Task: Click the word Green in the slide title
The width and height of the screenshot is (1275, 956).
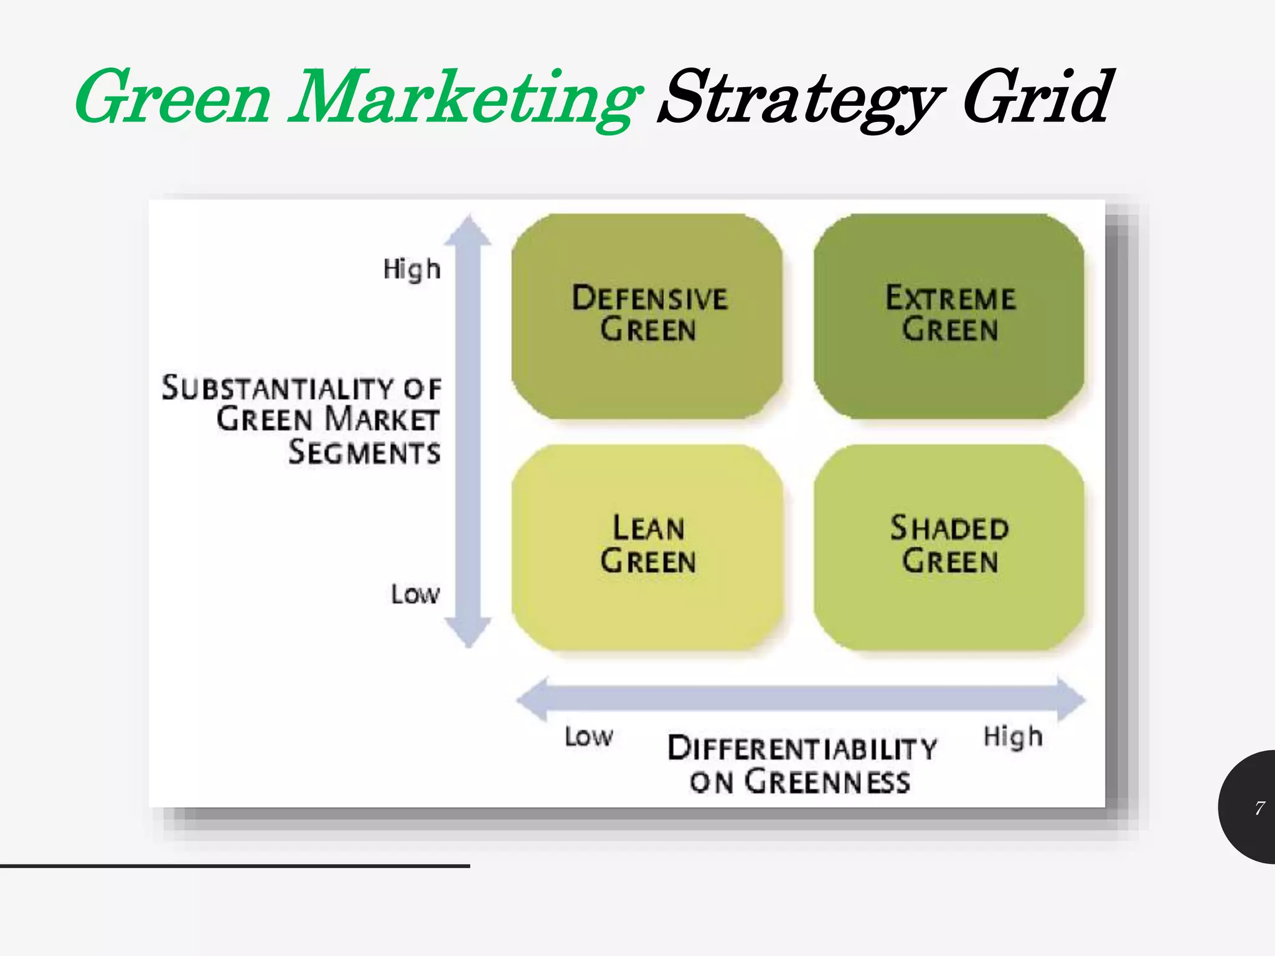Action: pos(173,98)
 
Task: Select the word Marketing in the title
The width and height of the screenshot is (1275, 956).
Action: pos(464,100)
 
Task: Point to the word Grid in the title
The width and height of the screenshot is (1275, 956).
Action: pos(1036,97)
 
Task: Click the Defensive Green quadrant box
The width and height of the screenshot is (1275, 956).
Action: pos(647,316)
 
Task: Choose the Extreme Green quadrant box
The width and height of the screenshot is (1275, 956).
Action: pos(949,316)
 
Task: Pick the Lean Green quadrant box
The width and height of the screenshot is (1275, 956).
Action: pos(647,547)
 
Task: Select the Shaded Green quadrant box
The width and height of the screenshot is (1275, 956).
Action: pos(949,547)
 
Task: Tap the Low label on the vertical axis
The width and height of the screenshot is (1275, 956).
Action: pos(415,594)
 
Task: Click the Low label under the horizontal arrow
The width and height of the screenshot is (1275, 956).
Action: pos(588,737)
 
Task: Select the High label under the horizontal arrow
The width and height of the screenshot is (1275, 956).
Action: pos(1013,738)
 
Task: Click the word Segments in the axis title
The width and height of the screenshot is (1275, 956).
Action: pos(364,452)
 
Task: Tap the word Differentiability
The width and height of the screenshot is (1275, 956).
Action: pos(802,748)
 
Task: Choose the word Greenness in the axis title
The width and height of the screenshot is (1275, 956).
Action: pos(827,782)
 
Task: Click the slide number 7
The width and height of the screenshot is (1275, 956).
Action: pos(1259,808)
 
